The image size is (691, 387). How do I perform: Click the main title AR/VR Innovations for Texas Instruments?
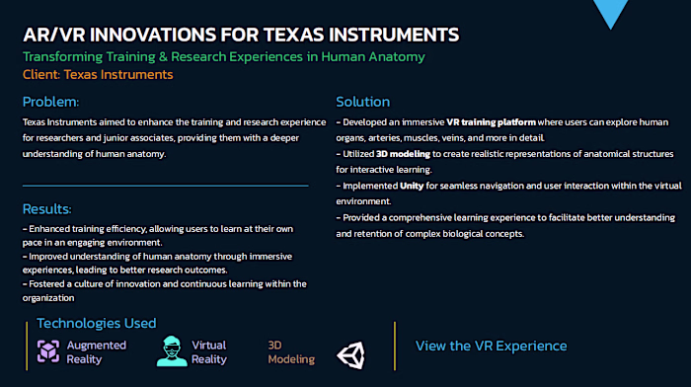[241, 35]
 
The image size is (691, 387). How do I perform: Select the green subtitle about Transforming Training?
[223, 56]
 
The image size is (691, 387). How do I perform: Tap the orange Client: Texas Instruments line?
[97, 74]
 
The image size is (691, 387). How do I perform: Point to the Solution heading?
[362, 102]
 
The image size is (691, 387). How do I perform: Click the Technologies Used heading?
[96, 323]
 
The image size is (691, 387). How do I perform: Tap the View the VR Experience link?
[491, 346]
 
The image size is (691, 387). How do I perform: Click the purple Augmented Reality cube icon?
[48, 352]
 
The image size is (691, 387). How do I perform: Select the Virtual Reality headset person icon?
[172, 352]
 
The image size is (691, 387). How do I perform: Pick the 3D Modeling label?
[291, 352]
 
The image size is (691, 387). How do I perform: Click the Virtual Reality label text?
[209, 352]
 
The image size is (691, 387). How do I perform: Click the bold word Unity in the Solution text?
[412, 184]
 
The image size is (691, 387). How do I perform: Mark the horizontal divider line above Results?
[165, 185]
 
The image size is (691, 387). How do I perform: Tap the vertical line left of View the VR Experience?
[395, 346]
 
